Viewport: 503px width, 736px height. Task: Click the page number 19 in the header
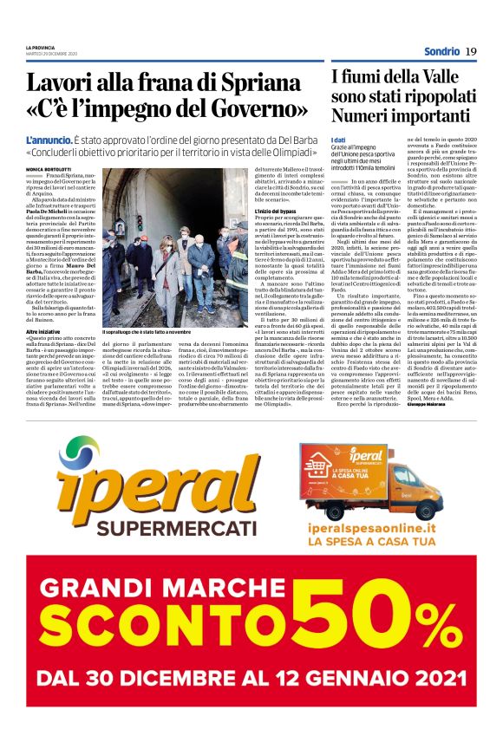coord(471,51)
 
